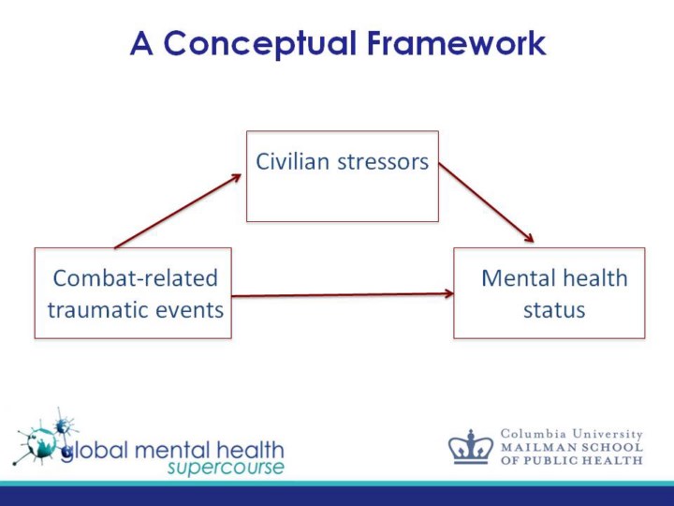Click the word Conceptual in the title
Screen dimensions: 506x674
[259, 43]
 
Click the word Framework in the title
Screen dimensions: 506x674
[456, 43]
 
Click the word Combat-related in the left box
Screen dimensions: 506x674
[135, 278]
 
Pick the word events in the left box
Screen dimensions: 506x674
[195, 309]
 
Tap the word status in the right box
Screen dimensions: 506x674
[553, 309]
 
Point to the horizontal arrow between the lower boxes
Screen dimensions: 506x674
[342, 294]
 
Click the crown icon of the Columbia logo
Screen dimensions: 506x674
[470, 447]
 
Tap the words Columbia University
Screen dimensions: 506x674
[572, 434]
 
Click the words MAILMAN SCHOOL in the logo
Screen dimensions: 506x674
[572, 447]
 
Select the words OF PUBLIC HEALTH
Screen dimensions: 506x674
[572, 460]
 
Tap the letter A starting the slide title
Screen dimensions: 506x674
[141, 43]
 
